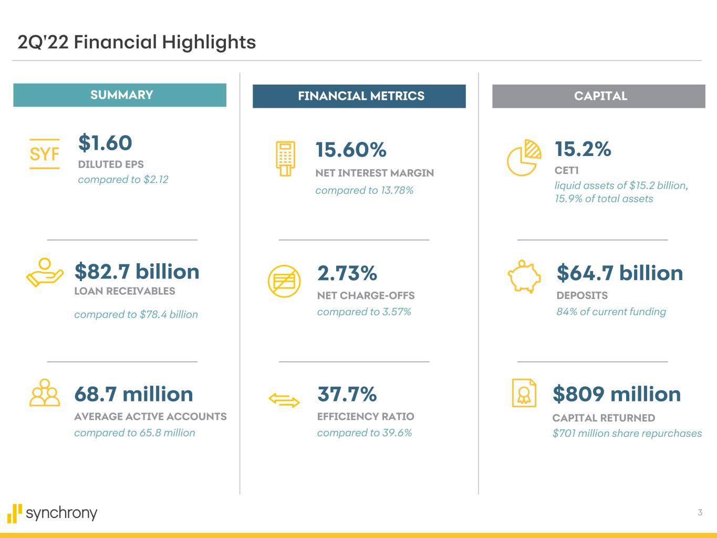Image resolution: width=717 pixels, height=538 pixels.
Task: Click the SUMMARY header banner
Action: pyautogui.click(x=120, y=95)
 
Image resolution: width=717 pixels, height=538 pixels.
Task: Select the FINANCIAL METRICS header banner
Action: pyautogui.click(x=359, y=96)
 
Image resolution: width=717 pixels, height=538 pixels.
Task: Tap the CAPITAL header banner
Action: pyautogui.click(x=599, y=96)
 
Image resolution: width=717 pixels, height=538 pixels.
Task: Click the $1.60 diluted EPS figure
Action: pyautogui.click(x=105, y=143)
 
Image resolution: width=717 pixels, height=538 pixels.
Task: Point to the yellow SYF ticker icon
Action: pyautogui.click(x=45, y=154)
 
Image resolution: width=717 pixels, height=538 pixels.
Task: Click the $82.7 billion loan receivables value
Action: pyautogui.click(x=137, y=272)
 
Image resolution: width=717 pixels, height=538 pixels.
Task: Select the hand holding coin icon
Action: pyautogui.click(x=45, y=273)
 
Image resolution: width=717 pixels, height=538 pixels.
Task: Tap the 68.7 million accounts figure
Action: pyautogui.click(x=133, y=394)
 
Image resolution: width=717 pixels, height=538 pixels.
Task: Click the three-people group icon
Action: pyautogui.click(x=45, y=393)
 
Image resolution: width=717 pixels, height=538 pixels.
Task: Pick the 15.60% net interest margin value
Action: pyautogui.click(x=351, y=150)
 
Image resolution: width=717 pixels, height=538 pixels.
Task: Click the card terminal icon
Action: pyautogui.click(x=286, y=158)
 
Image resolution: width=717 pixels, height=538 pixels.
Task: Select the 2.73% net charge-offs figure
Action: pyautogui.click(x=347, y=273)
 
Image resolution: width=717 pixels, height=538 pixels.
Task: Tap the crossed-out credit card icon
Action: pyautogui.click(x=284, y=281)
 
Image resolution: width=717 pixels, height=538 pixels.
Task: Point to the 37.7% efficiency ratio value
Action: pyautogui.click(x=347, y=394)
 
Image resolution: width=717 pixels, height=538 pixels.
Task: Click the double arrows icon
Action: pyautogui.click(x=284, y=401)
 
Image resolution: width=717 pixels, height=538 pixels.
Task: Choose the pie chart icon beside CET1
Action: pyautogui.click(x=524, y=158)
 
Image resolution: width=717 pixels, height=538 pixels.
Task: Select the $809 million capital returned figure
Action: pyautogui.click(x=617, y=394)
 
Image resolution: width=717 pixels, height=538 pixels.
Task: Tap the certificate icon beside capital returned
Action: pyautogui.click(x=524, y=393)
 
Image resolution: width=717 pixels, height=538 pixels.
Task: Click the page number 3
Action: pyautogui.click(x=700, y=512)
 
